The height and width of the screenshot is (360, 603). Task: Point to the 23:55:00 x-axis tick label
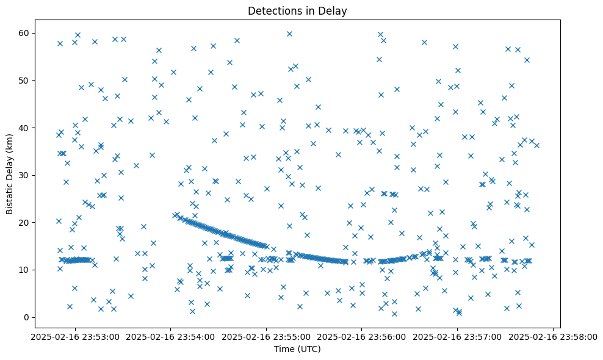[x=265, y=336]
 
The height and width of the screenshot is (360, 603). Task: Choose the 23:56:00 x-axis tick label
[x=361, y=336]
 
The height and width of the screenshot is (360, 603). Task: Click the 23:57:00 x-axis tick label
[x=457, y=336]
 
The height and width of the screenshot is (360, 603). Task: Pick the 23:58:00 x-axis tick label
[x=553, y=336]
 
